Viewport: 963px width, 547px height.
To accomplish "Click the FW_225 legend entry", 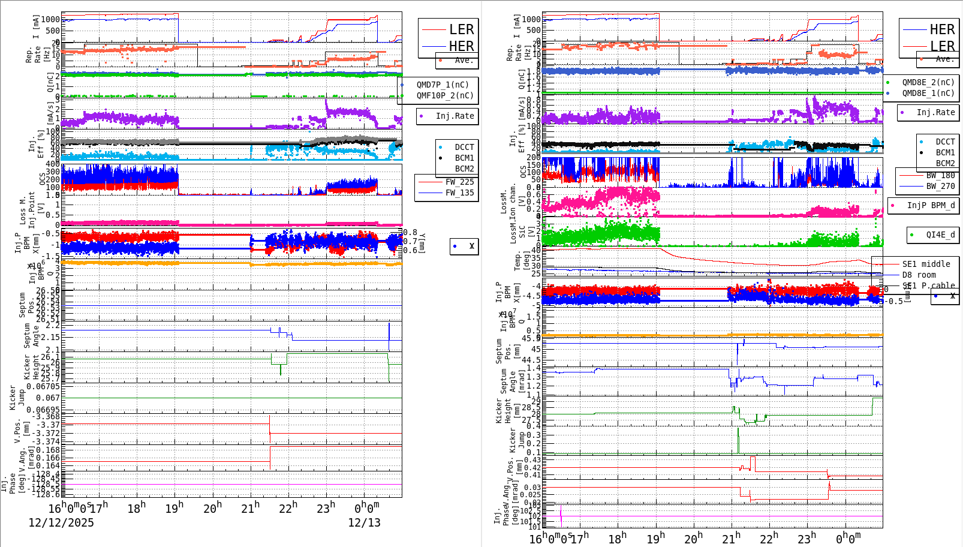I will (459, 182).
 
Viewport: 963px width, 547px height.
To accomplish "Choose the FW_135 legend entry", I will (459, 193).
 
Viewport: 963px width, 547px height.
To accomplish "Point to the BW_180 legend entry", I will (940, 175).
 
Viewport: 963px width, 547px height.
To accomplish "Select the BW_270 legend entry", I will (940, 186).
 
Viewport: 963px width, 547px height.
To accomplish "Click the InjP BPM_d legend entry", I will (931, 205).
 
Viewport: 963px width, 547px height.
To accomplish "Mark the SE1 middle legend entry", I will (926, 264).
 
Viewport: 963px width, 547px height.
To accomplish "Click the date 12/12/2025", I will (61, 522).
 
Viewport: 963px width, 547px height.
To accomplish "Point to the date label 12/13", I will (364, 522).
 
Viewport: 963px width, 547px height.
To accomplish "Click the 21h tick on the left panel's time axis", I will (250, 508).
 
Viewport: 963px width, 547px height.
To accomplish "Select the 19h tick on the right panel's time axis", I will (655, 538).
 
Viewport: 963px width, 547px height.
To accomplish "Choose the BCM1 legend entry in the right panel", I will (945, 152).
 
